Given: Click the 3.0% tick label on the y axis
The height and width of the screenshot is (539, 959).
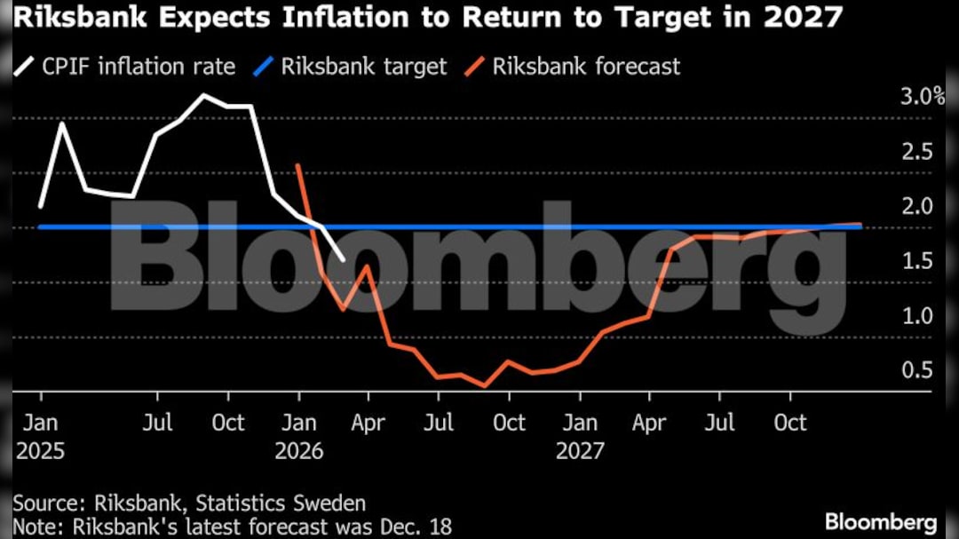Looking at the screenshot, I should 923,97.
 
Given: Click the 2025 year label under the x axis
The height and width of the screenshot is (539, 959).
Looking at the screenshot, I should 40,451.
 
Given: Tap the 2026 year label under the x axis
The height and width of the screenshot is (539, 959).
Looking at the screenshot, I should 299,451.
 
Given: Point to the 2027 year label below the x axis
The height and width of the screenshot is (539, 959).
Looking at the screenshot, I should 580,451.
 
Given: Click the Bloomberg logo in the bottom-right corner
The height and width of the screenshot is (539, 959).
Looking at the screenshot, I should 881,521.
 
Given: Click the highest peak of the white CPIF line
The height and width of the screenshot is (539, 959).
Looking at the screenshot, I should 204,94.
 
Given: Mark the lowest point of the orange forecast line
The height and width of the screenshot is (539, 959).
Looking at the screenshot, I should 485,386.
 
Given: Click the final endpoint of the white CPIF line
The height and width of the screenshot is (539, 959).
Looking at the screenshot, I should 344,259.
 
